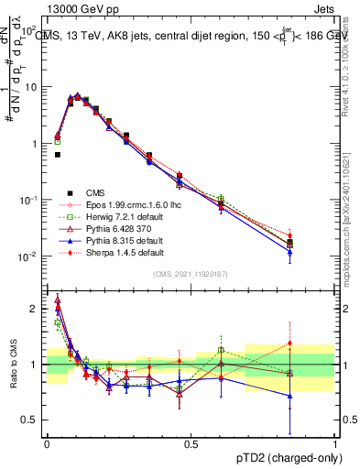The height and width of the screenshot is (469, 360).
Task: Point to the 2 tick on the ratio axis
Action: pyautogui.click(x=35, y=309)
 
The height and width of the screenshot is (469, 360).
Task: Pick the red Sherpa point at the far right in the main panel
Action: pyautogui.click(x=316, y=235)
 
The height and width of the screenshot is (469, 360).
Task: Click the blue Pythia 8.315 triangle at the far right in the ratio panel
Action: pyautogui.click(x=316, y=396)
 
